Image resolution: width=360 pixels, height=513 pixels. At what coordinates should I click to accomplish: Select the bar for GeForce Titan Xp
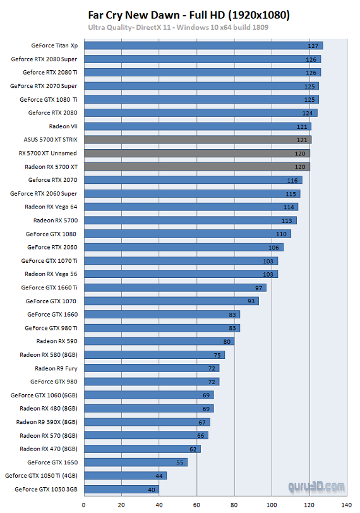tap(203, 45)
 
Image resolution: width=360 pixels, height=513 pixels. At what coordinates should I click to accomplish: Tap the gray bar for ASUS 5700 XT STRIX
tap(197, 140)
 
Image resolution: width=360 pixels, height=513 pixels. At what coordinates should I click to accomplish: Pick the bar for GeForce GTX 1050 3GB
tap(121, 489)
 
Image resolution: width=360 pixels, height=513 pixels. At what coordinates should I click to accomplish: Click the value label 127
tap(313, 46)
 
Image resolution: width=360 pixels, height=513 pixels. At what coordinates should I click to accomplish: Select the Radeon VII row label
tap(63, 126)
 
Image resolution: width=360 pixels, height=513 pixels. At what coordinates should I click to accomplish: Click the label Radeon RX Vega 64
tap(51, 207)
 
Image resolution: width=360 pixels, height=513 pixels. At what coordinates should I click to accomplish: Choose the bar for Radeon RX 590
tap(159, 341)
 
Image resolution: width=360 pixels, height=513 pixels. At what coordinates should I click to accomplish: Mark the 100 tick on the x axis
tap(272, 504)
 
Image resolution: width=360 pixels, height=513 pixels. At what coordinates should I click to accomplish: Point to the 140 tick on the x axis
tap(347, 504)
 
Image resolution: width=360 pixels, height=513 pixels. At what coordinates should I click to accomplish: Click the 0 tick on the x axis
tap(84, 504)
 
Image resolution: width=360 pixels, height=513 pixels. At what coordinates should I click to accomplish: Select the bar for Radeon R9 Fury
tap(151, 368)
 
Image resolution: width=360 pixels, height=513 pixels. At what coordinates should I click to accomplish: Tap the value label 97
tap(257, 287)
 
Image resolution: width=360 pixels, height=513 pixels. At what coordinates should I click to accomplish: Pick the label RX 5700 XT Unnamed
tap(48, 153)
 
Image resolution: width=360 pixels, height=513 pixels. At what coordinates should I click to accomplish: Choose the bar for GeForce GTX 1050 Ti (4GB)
tap(125, 476)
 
